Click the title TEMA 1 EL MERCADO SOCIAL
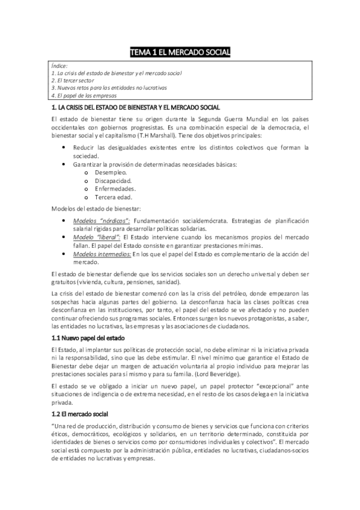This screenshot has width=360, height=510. (180, 53)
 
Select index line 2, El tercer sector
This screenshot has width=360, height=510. (73, 80)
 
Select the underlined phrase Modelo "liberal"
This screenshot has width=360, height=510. (95, 238)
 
